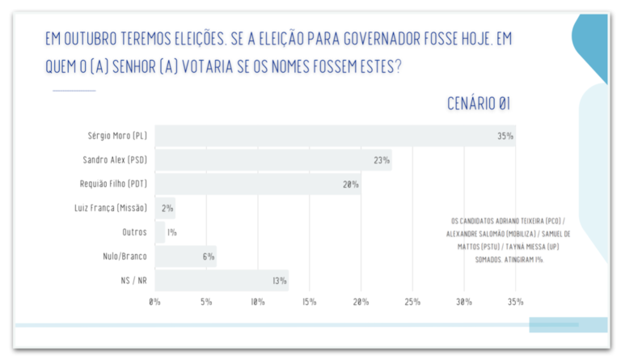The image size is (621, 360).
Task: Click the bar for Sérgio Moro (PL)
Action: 335,136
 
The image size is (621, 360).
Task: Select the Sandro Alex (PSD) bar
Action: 273,160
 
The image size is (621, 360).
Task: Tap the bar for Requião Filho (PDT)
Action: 258,184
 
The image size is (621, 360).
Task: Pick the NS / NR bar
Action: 222,281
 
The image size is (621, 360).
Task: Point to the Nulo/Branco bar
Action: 186,256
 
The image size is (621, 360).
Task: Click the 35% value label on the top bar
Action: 505,136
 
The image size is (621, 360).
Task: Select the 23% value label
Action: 382,160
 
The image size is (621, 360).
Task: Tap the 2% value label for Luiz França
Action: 167,209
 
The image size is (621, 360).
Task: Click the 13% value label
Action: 279,281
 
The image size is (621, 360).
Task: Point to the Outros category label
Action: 134,232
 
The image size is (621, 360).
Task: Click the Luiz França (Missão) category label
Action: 111,208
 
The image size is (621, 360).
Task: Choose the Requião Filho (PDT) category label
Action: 113,184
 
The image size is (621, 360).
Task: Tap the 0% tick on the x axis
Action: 154,302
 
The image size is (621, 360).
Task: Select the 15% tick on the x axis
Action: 310,302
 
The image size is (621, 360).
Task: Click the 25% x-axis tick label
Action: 412,302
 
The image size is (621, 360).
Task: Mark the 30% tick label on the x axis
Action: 464,302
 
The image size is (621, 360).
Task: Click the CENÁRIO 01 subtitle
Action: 479,104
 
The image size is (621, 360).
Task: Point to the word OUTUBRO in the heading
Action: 91,39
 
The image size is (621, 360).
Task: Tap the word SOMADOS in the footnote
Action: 488,260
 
